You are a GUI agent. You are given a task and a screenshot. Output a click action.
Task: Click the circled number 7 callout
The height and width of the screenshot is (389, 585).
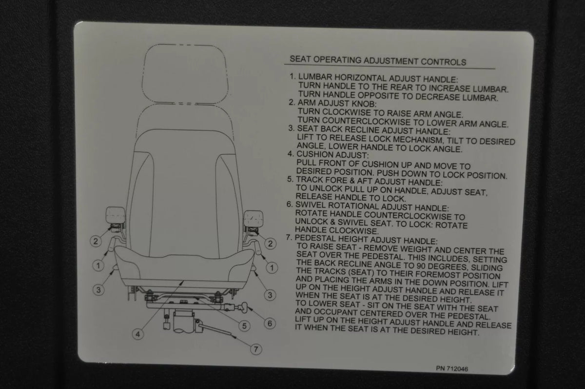coord(256,349)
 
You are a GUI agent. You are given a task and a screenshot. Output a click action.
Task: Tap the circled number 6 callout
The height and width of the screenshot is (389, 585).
coord(270,324)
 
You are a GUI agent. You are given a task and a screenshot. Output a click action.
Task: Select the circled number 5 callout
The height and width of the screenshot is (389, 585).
coord(244,326)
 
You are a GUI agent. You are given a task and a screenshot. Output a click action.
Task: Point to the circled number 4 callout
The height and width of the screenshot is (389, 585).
coord(138,334)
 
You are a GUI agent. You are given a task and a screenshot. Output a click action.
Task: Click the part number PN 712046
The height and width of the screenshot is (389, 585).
coord(452,369)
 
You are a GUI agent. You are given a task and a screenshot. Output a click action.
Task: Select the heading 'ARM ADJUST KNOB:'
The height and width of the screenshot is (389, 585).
coord(337,103)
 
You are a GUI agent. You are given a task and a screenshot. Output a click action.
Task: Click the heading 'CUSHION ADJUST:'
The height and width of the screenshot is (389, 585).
coord(332,155)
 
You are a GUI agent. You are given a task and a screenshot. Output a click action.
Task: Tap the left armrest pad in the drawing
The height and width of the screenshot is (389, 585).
coord(116,215)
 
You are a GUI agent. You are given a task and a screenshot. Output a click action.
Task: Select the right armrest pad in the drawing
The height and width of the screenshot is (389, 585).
coord(253,218)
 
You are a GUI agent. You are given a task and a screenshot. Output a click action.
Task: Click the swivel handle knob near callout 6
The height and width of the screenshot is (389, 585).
coord(245,307)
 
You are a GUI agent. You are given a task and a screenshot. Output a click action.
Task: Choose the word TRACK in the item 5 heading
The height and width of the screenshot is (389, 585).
coord(309,180)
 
